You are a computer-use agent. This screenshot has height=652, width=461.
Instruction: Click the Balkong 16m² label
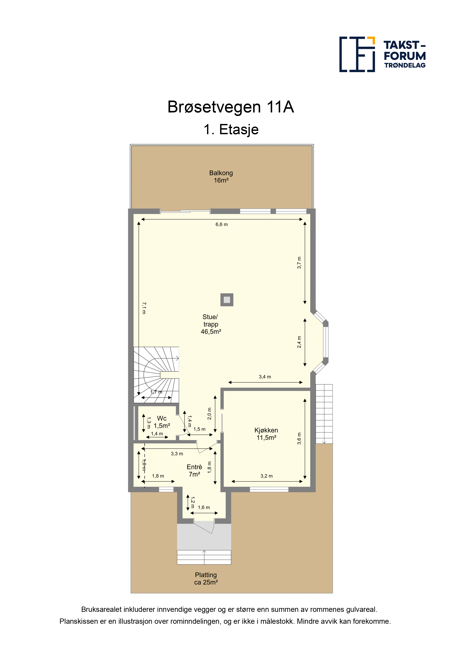(x=221, y=177)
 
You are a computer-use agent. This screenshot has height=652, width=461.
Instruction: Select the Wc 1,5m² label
(x=162, y=422)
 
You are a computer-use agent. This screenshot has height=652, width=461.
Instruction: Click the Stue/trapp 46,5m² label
(x=211, y=324)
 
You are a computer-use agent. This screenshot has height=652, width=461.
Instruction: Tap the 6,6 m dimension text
(x=222, y=224)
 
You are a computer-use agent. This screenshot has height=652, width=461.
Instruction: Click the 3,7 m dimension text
(x=299, y=263)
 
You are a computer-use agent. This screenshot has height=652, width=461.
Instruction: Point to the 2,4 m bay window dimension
(x=299, y=342)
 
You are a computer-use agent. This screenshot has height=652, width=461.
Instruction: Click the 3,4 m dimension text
(x=265, y=377)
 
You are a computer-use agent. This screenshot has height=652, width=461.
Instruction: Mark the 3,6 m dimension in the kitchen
(x=299, y=438)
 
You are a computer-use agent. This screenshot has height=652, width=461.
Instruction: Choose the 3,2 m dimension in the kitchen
(x=266, y=476)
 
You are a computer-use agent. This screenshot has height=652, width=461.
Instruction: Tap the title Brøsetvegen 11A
(x=231, y=107)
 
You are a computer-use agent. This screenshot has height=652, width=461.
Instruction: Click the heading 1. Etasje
(x=231, y=130)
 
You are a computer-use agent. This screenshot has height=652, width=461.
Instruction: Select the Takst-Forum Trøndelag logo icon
(x=357, y=54)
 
